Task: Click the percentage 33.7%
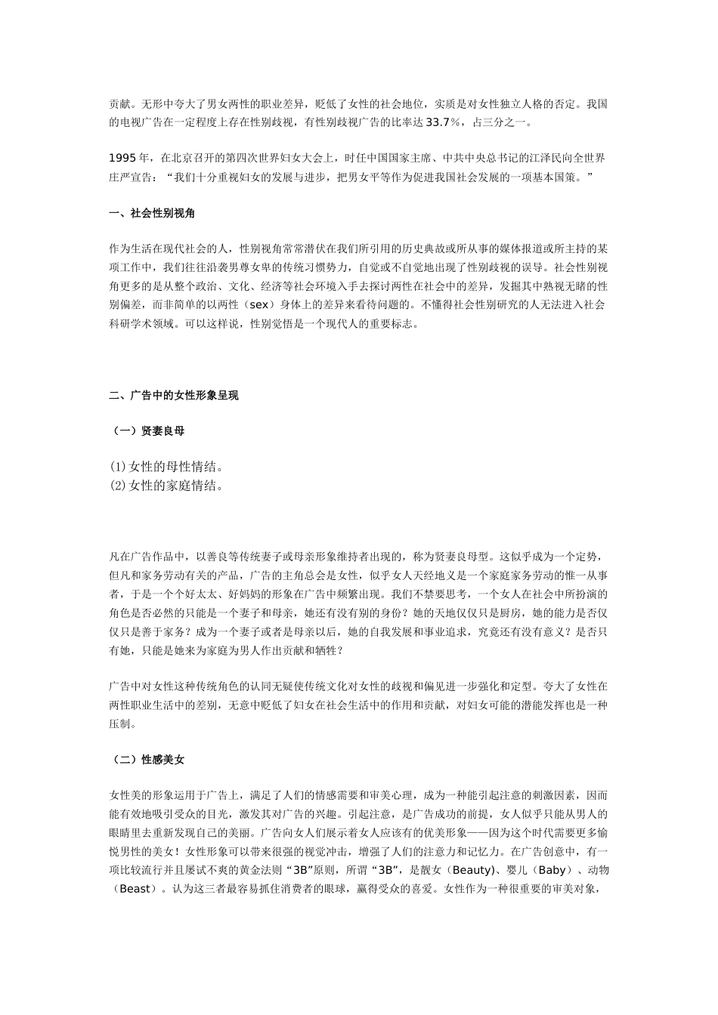pyautogui.click(x=444, y=122)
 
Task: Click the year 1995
pyautogui.click(x=124, y=158)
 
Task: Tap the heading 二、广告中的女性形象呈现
pyautogui.click(x=174, y=395)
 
